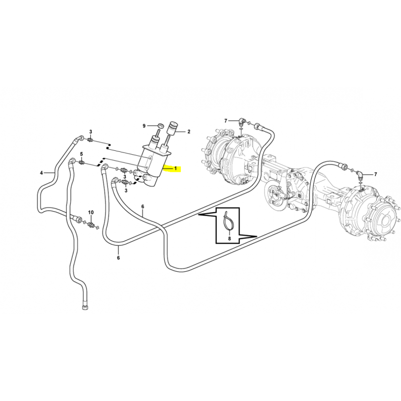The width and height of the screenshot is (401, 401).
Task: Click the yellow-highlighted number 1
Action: click(x=176, y=168)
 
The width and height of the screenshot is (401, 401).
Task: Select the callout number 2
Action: click(x=189, y=132)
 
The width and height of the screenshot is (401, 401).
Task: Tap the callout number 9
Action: click(x=144, y=126)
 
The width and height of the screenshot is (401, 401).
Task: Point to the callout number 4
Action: click(x=42, y=173)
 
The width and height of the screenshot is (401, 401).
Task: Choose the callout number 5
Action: click(x=82, y=154)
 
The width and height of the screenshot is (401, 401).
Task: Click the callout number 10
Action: click(x=91, y=212)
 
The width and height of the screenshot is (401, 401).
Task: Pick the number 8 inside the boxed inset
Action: click(x=230, y=239)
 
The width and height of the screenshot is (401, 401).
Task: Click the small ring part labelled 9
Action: click(x=161, y=126)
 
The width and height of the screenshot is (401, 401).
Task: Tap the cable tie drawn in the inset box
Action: click(x=228, y=220)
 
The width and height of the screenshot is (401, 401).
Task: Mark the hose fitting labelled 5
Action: click(x=82, y=162)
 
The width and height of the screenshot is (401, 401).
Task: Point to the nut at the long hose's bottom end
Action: click(x=85, y=307)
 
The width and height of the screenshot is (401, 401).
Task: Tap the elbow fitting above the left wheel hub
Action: click(x=242, y=121)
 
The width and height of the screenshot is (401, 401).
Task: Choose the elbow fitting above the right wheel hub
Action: click(x=360, y=175)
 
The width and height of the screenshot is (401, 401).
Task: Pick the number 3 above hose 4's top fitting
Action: click(x=91, y=132)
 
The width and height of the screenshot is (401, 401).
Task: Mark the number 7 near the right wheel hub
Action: click(x=375, y=174)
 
